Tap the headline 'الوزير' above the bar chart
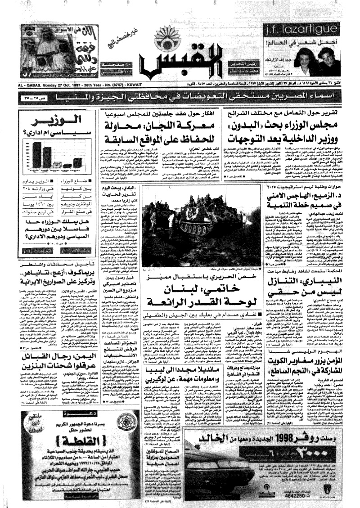pyautogui.click(x=54, y=120)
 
